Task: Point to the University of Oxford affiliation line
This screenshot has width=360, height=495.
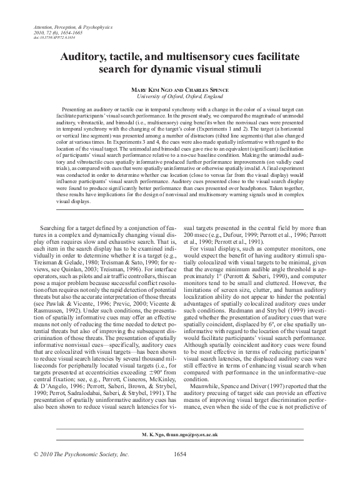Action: point(180,97)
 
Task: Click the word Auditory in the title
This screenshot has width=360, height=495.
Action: point(82,56)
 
